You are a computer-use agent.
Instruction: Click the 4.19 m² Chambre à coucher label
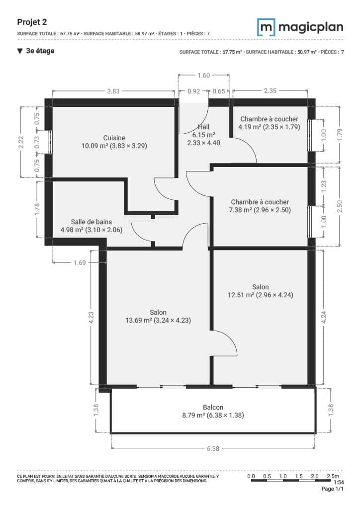point(269,123)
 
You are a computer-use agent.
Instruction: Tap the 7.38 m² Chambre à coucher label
point(260,206)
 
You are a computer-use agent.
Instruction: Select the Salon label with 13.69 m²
point(158,316)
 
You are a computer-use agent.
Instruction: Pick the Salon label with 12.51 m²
point(260,291)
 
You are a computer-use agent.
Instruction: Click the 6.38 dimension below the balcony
point(213,448)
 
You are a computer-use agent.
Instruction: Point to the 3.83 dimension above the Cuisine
point(113,91)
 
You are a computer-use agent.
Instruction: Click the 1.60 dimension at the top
point(203,76)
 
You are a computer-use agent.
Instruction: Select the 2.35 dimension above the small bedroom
point(270,91)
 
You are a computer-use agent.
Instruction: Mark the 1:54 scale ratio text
point(338,482)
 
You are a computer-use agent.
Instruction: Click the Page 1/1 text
point(333,489)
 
